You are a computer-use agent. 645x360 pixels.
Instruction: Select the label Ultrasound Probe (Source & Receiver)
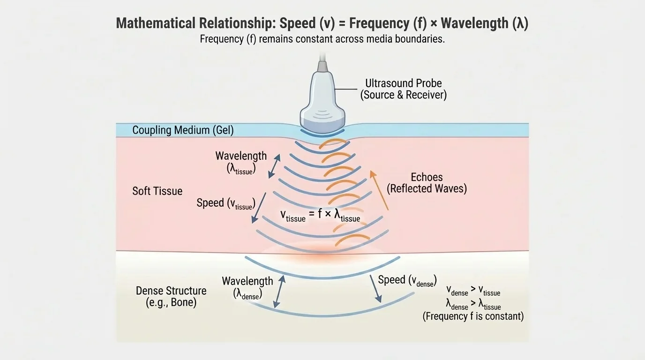(x=403, y=89)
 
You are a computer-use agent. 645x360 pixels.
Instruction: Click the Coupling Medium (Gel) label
(x=183, y=130)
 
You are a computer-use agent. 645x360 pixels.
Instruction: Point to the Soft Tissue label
(x=157, y=191)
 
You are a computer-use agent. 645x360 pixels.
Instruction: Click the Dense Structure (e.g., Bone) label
(x=171, y=296)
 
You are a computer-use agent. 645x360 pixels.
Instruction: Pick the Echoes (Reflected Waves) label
(x=427, y=183)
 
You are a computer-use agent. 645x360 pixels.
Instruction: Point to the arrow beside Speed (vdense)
(x=375, y=287)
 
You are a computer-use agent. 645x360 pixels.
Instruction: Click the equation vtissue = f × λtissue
(x=320, y=216)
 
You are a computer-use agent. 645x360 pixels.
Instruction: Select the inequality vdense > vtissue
(x=473, y=291)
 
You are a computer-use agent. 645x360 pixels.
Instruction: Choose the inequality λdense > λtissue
(x=473, y=305)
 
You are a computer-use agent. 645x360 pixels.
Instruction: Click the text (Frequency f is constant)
(x=473, y=316)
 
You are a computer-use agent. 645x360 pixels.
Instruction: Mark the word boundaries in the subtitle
(x=421, y=39)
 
